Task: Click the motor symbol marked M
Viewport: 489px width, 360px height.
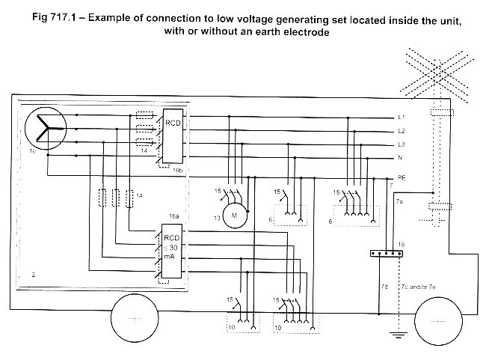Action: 235,216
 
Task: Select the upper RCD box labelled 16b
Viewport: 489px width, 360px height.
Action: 173,136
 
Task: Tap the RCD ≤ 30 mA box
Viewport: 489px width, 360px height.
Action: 171,251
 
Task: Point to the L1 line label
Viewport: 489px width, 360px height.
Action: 402,117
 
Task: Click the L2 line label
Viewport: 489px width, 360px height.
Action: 402,131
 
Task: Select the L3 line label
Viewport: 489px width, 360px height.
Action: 402,144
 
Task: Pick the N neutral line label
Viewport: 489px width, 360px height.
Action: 401,158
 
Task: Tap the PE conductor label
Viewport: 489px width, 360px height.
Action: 402,177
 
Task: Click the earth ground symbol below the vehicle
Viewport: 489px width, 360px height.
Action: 399,335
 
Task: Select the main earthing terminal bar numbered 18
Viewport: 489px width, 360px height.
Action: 387,254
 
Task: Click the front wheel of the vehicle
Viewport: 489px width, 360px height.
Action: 438,321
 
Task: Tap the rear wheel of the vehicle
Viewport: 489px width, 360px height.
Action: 135,319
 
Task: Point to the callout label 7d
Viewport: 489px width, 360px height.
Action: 384,287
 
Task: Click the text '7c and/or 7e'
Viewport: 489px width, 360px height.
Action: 419,287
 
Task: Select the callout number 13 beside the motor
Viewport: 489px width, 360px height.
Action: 218,218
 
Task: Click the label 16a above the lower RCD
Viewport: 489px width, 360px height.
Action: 174,216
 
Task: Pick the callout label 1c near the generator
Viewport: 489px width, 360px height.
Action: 33,151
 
